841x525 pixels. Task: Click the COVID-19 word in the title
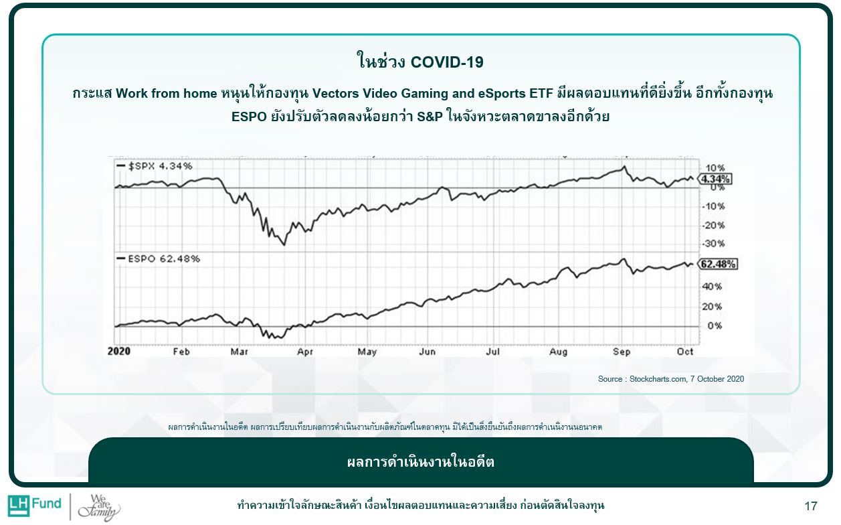447,62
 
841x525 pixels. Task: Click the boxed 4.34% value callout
716,179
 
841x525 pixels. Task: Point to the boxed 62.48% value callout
718,264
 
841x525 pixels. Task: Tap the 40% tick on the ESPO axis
712,287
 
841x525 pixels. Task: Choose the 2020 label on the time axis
119,352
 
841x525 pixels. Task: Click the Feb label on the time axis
181,352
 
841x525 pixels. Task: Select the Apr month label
305,352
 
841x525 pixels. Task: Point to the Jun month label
428,352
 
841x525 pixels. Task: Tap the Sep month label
622,352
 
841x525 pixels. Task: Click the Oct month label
685,352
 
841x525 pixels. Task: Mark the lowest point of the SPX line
284,244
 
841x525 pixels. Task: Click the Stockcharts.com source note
670,379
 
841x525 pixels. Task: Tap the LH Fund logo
34,504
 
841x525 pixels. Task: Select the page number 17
811,506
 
